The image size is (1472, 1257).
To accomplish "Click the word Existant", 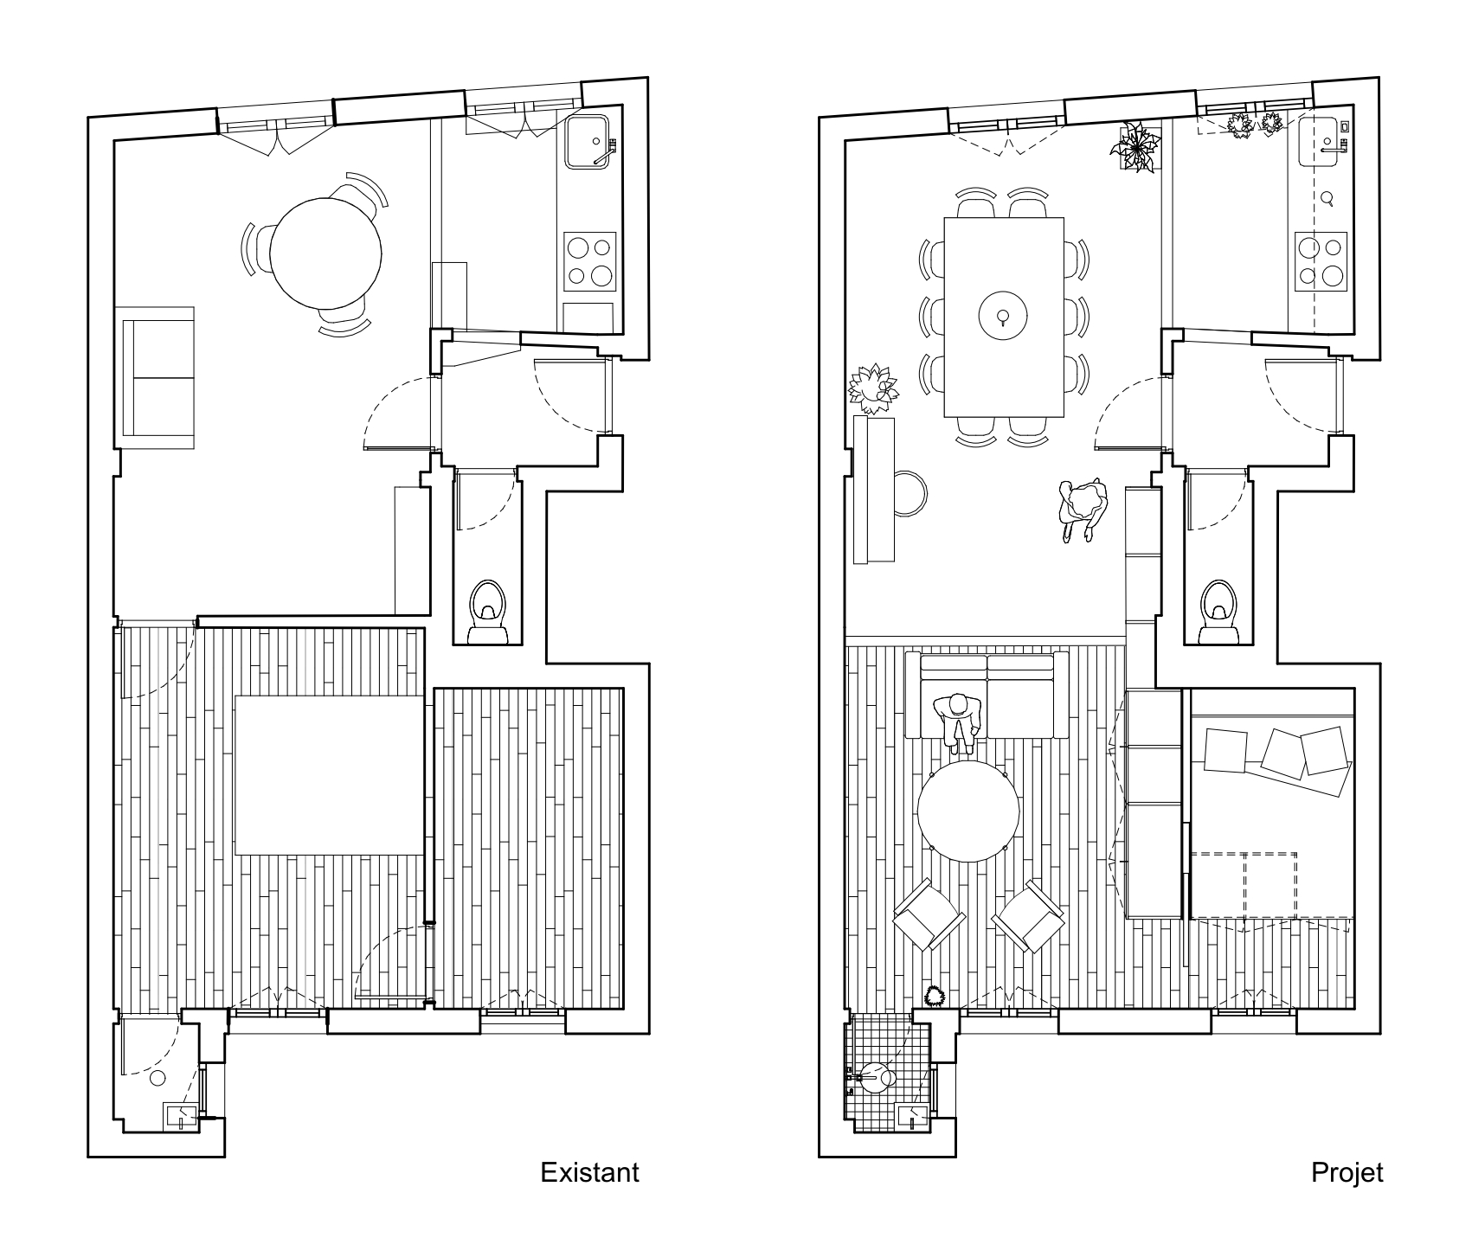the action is coord(589,1172).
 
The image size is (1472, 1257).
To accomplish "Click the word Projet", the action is coord(1347,1173).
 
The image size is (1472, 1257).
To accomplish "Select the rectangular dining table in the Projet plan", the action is coord(1003,317).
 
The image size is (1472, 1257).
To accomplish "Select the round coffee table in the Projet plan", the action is coord(968,811).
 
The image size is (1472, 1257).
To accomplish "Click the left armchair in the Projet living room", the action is coord(928,915).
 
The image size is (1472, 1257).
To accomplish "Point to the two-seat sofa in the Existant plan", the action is coord(157,377).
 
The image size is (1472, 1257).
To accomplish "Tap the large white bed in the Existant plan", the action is coord(330,774).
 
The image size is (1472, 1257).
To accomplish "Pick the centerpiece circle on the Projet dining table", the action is coord(1002,317).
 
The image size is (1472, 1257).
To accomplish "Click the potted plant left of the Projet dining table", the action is coord(874,388).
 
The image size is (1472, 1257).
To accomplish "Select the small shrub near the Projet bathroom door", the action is coord(934,996).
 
